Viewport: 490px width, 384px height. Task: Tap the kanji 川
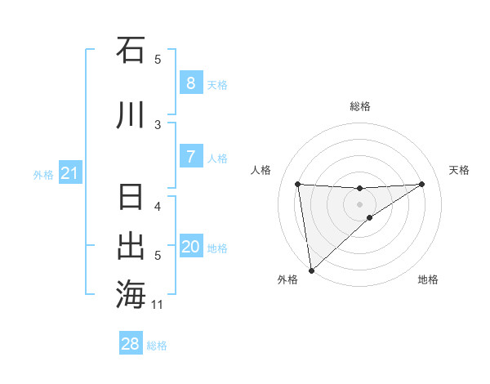[x=131, y=115]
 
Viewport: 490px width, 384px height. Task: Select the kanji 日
[x=131, y=199]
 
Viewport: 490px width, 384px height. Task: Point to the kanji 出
[x=131, y=246]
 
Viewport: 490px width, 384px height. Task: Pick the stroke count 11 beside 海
[x=158, y=305]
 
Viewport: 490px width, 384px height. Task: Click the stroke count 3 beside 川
[x=158, y=124]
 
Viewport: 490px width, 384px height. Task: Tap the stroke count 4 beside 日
[x=158, y=206]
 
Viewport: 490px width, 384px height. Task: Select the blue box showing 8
[x=190, y=83]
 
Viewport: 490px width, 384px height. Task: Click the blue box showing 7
[x=190, y=157]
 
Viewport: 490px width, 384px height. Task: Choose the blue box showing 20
[x=190, y=247]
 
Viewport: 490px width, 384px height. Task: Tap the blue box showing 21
[x=69, y=173]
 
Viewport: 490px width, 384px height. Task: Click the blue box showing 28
[x=131, y=344]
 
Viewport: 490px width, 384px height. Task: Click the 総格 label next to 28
[x=157, y=346]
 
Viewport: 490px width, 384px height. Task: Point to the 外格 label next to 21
[x=42, y=175]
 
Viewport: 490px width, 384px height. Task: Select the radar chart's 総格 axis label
[x=359, y=106]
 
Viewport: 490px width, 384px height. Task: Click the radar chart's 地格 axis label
[x=428, y=279]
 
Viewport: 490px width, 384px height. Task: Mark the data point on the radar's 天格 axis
[x=421, y=184]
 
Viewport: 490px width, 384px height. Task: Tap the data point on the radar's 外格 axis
[x=311, y=270]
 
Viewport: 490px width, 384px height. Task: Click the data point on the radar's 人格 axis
[x=298, y=184]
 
